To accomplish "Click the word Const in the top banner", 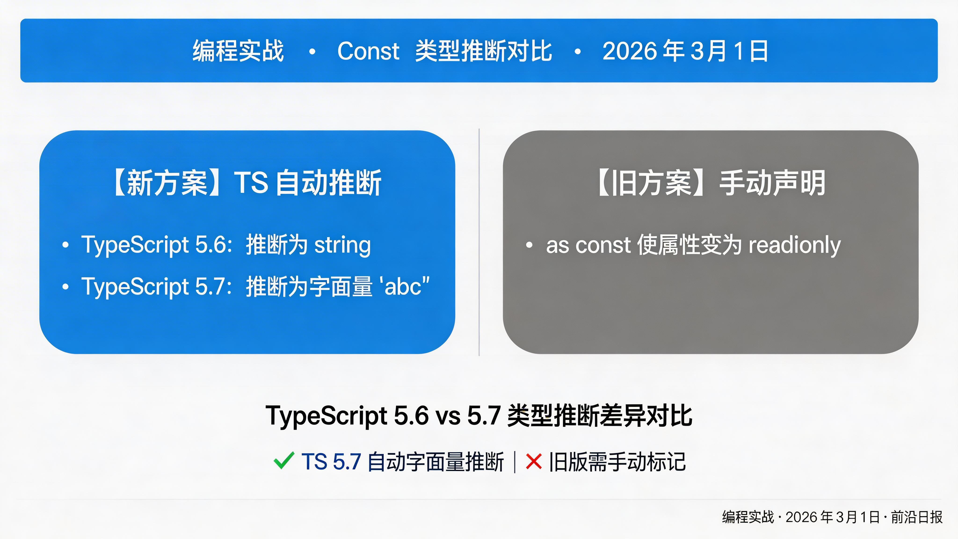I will point(368,51).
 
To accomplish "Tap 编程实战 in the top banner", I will point(238,51).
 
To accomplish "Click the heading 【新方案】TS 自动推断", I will point(247,183).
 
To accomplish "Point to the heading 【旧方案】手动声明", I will point(710,183).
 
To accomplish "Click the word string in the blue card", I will point(342,245).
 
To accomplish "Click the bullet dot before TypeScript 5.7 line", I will point(66,286).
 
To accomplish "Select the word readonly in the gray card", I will point(794,245).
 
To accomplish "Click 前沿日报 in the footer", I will point(917,517).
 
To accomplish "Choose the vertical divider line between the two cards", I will point(479,242).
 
